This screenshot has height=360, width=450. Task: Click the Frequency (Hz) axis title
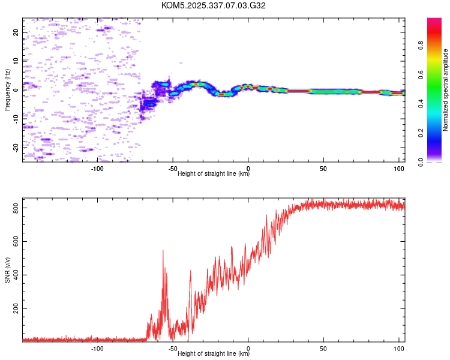tap(7, 90)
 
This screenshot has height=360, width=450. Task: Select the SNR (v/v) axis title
tap(7, 270)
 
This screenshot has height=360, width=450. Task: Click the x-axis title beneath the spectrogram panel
tap(214, 174)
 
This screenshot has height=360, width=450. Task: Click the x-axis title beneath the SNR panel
tap(214, 354)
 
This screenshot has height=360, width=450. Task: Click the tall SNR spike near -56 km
tap(163, 252)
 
